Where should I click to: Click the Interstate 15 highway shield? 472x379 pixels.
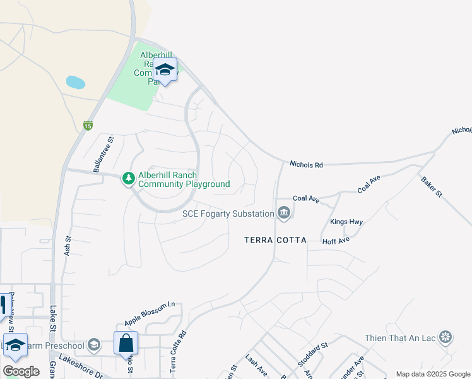(x=88, y=126)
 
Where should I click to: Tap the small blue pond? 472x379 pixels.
(x=75, y=82)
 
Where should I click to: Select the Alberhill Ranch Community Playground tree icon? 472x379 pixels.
(x=129, y=179)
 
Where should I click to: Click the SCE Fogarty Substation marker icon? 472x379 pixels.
(x=283, y=214)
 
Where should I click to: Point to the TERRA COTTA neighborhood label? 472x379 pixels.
(x=276, y=241)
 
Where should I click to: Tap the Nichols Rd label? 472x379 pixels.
(x=306, y=165)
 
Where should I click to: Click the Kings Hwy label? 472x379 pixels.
(x=346, y=222)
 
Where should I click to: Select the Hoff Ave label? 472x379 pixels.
(x=336, y=241)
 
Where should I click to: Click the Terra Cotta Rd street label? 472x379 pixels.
(x=179, y=351)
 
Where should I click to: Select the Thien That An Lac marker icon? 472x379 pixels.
(x=446, y=338)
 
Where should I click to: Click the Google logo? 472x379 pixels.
(x=21, y=371)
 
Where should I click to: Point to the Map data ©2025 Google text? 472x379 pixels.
(x=433, y=374)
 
